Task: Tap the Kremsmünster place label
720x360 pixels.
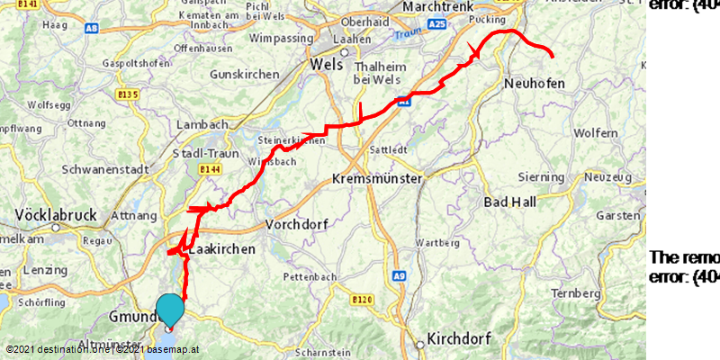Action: (377, 179)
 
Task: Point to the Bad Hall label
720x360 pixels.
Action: (509, 202)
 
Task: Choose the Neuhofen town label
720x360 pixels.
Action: (535, 84)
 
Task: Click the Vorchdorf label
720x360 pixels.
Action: (300, 223)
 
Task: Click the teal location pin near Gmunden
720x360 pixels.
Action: (170, 310)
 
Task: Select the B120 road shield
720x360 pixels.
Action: (363, 299)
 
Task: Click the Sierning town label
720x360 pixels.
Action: (540, 177)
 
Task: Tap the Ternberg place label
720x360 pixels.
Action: (575, 294)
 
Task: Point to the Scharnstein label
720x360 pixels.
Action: (320, 352)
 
